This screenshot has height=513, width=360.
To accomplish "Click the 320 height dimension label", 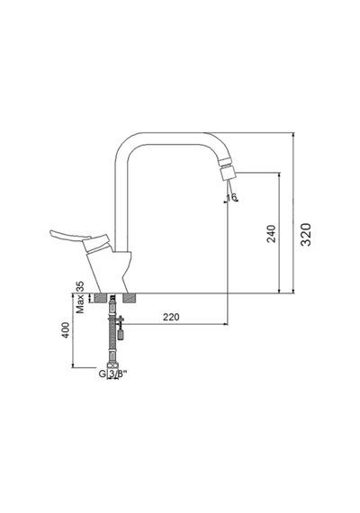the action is [x=306, y=234].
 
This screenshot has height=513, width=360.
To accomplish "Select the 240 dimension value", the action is [x=272, y=234].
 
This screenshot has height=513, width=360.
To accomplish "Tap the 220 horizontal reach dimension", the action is [x=172, y=317].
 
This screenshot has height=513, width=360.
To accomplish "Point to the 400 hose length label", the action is [x=66, y=330].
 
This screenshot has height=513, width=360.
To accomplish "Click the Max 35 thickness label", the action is [x=80, y=297].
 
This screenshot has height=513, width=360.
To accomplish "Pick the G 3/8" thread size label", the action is [x=112, y=373].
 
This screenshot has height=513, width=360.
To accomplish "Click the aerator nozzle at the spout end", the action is [x=228, y=174].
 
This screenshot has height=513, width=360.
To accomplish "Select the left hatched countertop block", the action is [x=101, y=298].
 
